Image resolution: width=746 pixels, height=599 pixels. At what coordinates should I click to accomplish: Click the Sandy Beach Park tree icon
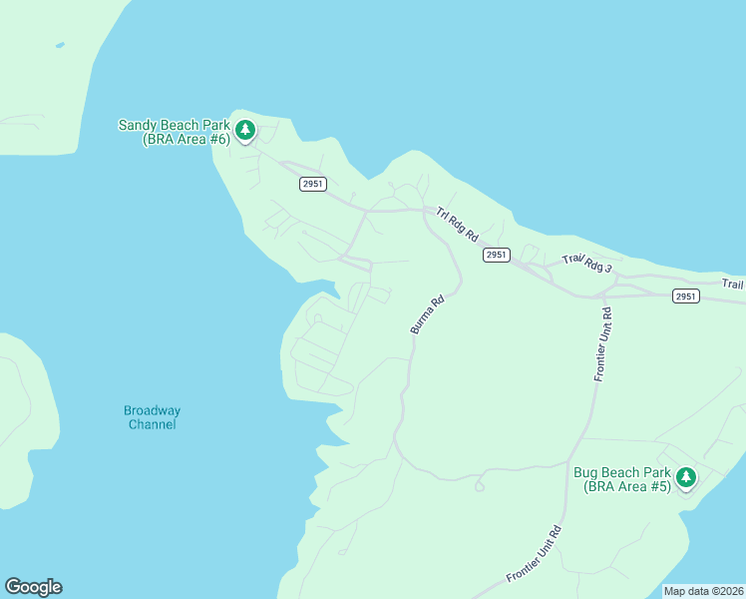[244, 129]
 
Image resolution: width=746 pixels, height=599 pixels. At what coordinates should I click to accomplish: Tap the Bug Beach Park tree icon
[685, 477]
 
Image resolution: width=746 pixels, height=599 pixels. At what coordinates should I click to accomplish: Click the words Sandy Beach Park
[174, 125]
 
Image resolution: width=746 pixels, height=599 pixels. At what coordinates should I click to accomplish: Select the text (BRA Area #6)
[186, 139]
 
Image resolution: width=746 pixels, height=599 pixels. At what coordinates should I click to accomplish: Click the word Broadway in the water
[152, 410]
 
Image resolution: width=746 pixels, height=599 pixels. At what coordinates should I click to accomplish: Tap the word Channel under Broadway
[152, 424]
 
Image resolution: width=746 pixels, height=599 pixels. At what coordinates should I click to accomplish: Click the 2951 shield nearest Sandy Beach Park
[312, 184]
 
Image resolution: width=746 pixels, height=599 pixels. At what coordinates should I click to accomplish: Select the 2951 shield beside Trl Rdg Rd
[497, 255]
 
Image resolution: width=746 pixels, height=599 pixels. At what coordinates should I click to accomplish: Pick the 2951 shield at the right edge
[685, 296]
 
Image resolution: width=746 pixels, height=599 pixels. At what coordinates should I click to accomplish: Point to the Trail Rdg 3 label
[586, 265]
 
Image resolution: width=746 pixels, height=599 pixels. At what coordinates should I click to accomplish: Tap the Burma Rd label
[425, 314]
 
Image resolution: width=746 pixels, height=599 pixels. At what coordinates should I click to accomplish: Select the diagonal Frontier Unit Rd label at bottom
[535, 554]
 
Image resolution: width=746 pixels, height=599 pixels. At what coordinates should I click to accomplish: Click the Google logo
[33, 587]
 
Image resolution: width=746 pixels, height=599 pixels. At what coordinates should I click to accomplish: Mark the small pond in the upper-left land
[61, 45]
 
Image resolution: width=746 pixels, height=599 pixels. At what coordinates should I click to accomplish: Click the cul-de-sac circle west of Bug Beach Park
[480, 487]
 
